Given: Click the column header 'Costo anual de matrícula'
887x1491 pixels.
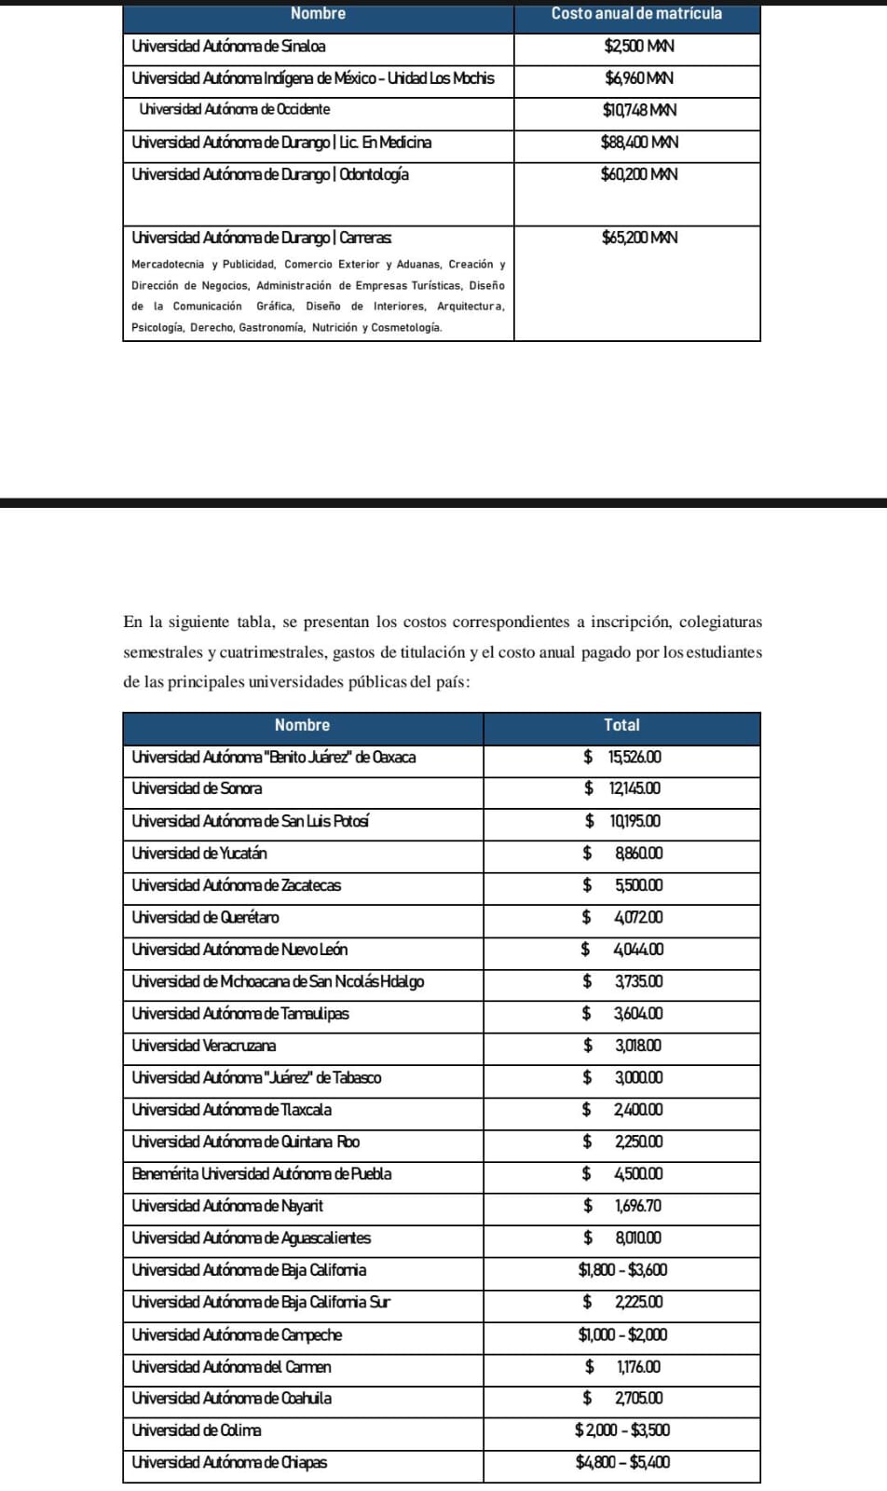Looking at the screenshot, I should pos(636,14).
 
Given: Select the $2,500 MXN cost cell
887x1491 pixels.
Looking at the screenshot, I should pos(638,47).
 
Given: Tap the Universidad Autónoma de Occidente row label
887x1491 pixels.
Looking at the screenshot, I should pos(234,110).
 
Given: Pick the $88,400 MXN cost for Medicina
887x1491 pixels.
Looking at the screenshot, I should pos(638,143).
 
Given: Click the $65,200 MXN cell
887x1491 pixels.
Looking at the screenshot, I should pos(638,239).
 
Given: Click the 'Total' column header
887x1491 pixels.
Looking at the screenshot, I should pos(621,725).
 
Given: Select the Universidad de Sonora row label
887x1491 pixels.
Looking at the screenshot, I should pos(197,788).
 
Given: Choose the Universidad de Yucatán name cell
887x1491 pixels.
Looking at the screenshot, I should pos(199,853).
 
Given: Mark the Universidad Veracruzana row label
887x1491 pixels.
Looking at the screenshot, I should pos(203,1046).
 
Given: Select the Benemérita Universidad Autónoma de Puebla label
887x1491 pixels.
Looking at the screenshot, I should pos(261,1174).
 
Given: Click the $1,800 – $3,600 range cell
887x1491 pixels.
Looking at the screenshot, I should pos(622,1270).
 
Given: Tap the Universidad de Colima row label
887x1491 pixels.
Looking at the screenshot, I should pos(196,1430).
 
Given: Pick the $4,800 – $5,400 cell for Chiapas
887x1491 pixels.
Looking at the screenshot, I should pos(622,1463).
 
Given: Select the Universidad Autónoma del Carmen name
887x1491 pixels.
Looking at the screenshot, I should pos(231,1367).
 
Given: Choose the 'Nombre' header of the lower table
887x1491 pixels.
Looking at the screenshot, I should pos(302,725).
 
